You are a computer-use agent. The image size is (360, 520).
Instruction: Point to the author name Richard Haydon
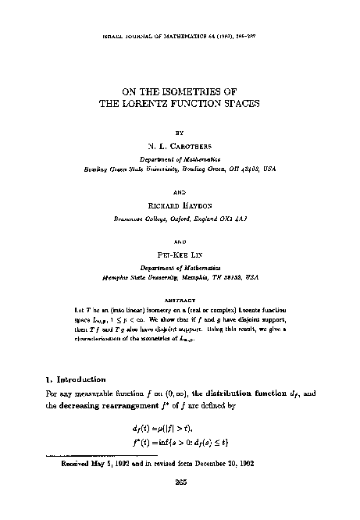click(180, 204)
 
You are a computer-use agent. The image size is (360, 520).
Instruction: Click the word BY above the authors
click(180, 132)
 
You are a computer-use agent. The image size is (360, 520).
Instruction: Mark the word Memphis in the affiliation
click(116, 276)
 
